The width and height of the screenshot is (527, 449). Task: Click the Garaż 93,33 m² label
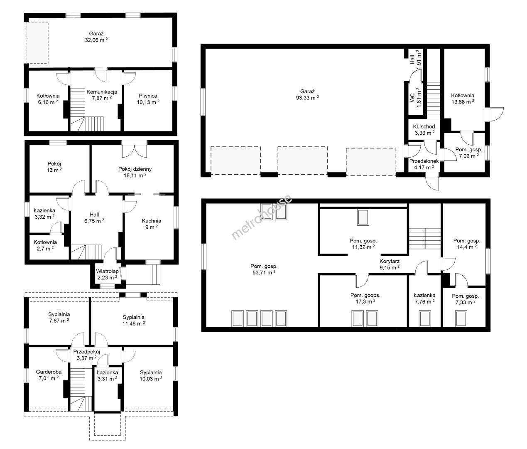pyautogui.click(x=307, y=94)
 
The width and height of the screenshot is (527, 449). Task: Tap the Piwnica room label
pyautogui.click(x=148, y=96)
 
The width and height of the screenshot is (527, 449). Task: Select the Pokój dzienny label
pyautogui.click(x=135, y=169)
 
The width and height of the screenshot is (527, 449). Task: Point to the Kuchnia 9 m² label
pyautogui.click(x=152, y=224)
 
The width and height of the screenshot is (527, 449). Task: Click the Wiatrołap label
pyautogui.click(x=107, y=271)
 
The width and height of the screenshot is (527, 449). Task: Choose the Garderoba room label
pyautogui.click(x=49, y=372)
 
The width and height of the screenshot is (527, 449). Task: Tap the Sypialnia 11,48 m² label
pyautogui.click(x=134, y=321)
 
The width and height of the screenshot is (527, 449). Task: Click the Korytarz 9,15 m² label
pyautogui.click(x=389, y=264)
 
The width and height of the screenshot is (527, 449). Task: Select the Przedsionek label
pyautogui.click(x=424, y=161)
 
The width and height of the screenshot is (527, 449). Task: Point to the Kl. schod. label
pyautogui.click(x=424, y=126)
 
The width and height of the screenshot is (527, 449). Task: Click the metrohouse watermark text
pyautogui.click(x=261, y=217)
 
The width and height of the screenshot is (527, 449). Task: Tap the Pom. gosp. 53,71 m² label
pyautogui.click(x=264, y=269)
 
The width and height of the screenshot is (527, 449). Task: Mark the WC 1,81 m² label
pyautogui.click(x=415, y=97)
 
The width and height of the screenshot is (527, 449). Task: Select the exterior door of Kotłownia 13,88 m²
pyautogui.click(x=494, y=114)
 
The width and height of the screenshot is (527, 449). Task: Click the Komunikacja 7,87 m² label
pyautogui.click(x=102, y=95)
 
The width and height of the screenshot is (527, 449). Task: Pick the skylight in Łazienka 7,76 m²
pyautogui.click(x=424, y=318)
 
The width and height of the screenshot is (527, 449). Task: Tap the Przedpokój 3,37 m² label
pyautogui.click(x=86, y=355)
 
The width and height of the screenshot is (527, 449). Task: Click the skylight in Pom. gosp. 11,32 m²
pyautogui.click(x=363, y=217)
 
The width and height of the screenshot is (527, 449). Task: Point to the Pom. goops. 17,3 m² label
pyautogui.click(x=365, y=298)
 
